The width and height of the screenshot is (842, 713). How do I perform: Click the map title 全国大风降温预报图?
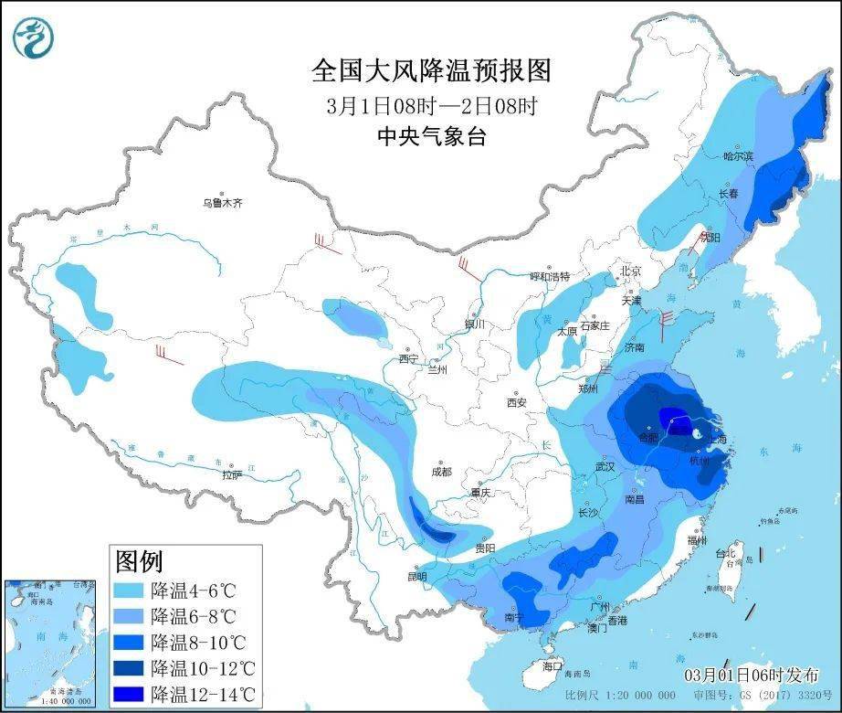(x=432, y=70)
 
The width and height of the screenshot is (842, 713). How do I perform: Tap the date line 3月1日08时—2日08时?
(x=432, y=105)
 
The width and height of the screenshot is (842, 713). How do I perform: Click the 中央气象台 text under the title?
(x=432, y=137)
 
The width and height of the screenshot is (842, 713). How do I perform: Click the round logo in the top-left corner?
(x=34, y=37)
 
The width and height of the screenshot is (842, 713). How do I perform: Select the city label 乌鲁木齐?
(x=223, y=203)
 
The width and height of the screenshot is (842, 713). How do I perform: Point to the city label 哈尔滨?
(x=738, y=156)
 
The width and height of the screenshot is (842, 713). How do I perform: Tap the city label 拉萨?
(x=233, y=474)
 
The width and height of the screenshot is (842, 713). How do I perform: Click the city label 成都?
(x=441, y=472)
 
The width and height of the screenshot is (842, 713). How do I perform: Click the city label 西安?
(x=516, y=402)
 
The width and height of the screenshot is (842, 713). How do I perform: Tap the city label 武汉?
(x=605, y=466)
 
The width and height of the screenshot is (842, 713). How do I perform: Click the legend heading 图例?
(x=138, y=559)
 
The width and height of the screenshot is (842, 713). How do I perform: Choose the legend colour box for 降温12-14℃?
(x=130, y=693)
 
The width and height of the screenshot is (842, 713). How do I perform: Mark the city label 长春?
(x=728, y=194)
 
